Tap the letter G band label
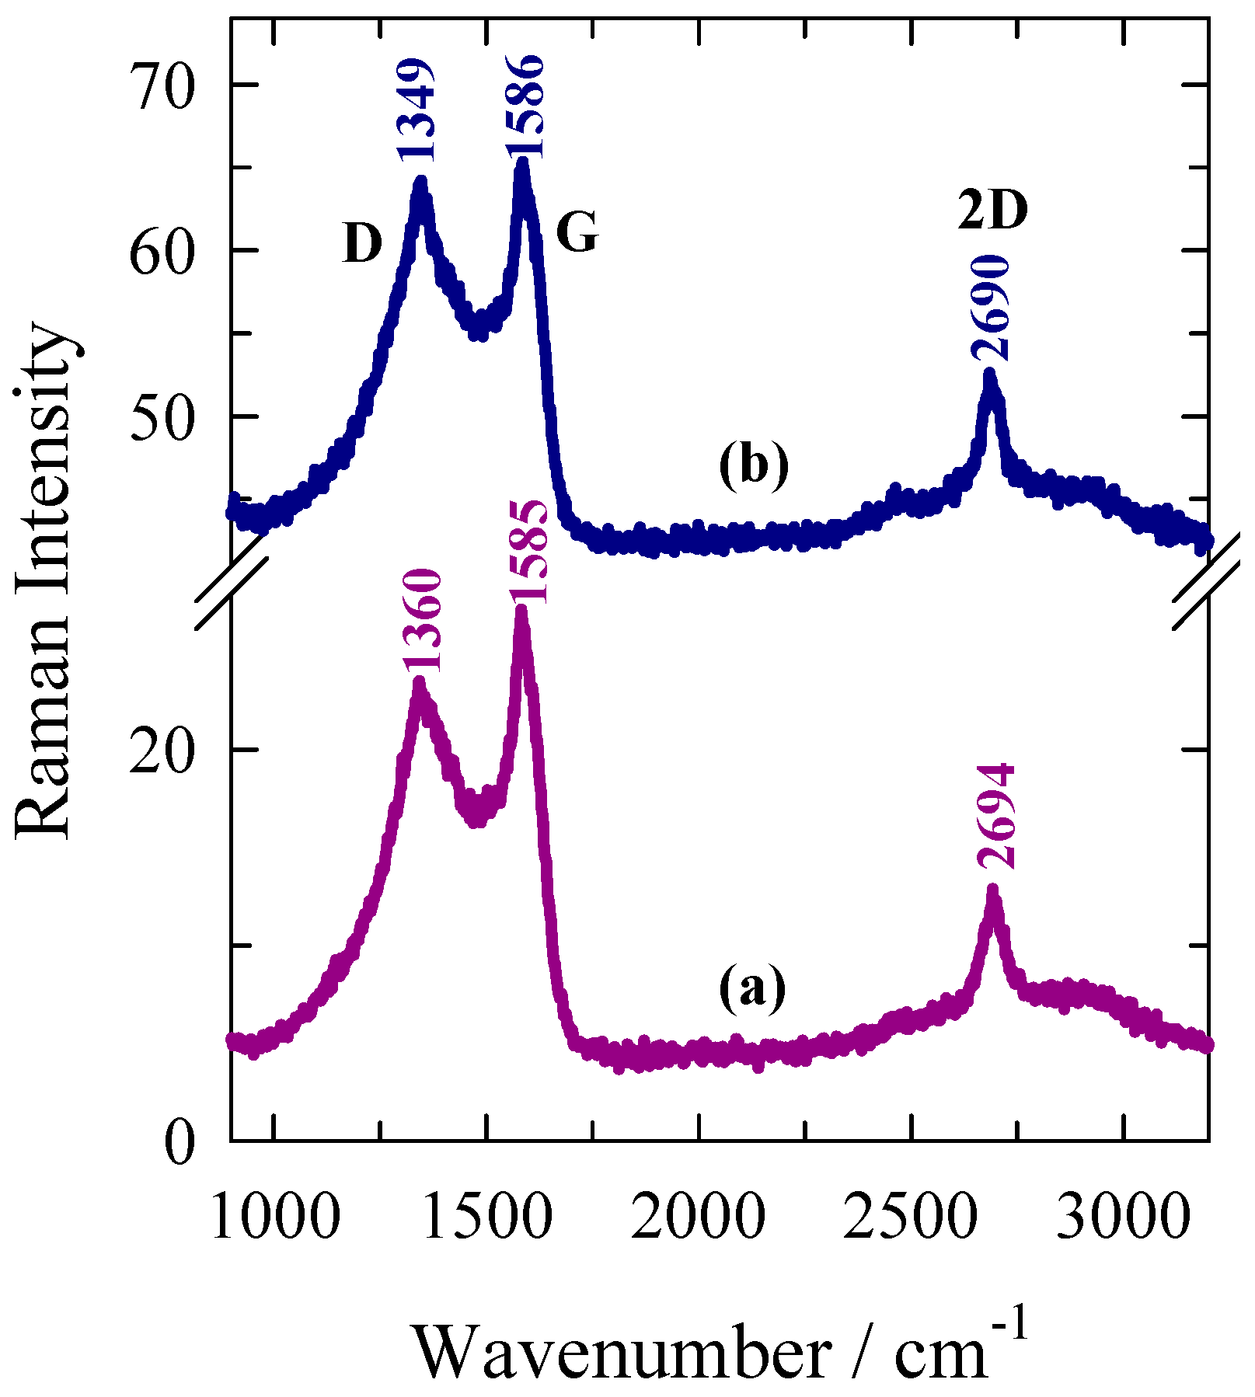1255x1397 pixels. tap(577, 233)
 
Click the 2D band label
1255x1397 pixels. tap(992, 211)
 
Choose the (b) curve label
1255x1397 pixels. tap(753, 466)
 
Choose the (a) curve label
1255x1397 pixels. tap(752, 989)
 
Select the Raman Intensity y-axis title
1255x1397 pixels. tap(45, 583)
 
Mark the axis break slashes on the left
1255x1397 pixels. tap(231, 591)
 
